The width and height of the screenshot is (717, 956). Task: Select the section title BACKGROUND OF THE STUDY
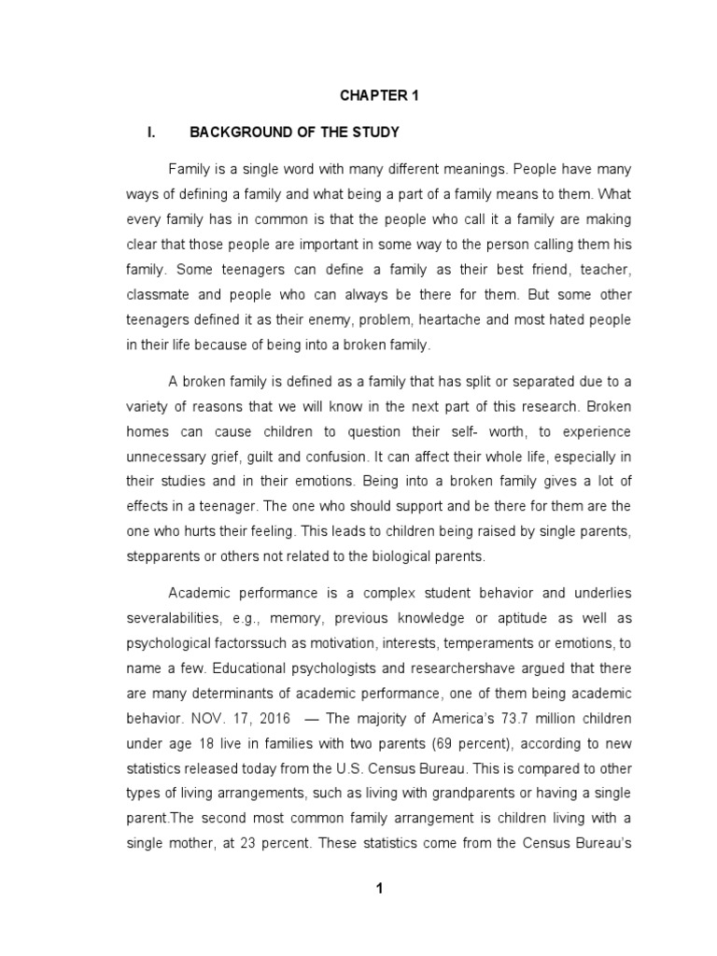[295, 133]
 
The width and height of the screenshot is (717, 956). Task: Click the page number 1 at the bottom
[380, 888]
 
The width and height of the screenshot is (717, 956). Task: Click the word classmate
[159, 294]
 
